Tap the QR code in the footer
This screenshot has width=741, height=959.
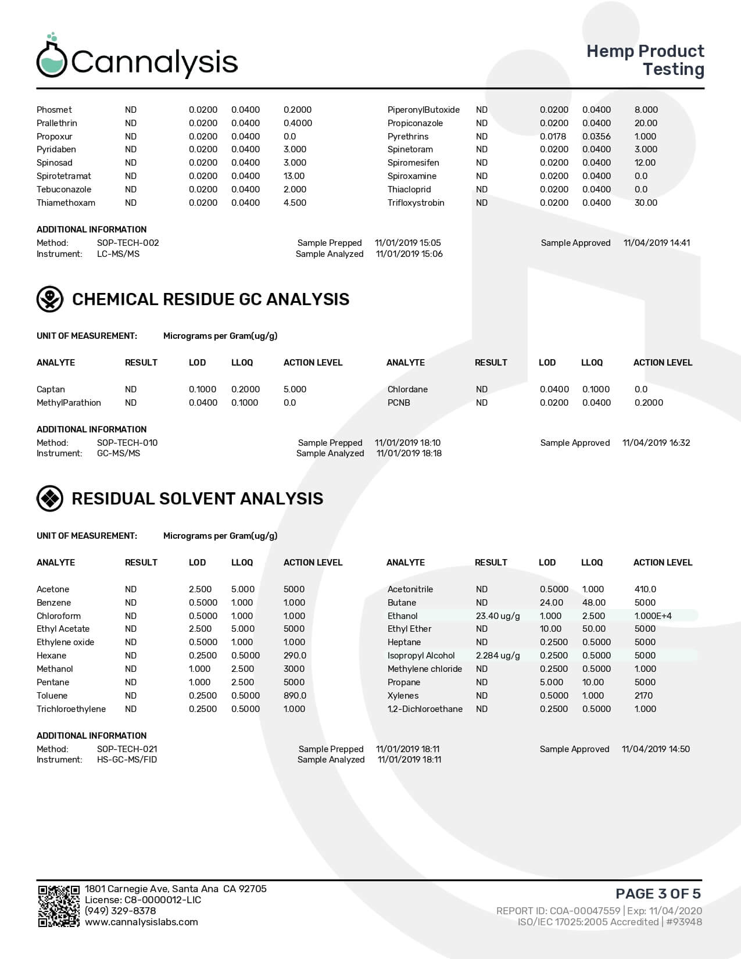click(x=59, y=906)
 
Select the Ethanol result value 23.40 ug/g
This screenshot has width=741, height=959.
click(x=497, y=616)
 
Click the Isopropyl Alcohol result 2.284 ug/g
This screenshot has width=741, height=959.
click(x=497, y=656)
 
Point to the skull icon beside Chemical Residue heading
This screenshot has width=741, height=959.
click(x=50, y=299)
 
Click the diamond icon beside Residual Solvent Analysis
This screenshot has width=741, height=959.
click(x=50, y=499)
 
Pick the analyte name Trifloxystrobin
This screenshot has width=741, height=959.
click(x=416, y=203)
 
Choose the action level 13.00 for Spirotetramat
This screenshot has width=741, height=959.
click(x=294, y=176)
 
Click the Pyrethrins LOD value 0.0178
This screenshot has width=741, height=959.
click(x=553, y=137)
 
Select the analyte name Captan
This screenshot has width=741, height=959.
click(x=51, y=389)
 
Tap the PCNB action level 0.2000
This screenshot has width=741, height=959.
click(x=649, y=403)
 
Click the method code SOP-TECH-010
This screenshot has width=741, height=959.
click(x=127, y=443)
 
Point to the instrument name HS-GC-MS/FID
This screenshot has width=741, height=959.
click(x=127, y=760)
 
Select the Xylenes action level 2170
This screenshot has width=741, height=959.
click(x=643, y=696)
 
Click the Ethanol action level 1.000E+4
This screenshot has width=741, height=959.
click(x=653, y=616)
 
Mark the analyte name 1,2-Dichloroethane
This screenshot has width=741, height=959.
click(x=425, y=709)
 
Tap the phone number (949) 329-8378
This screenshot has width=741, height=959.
click(x=120, y=911)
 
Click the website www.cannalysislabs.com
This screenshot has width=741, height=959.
click(x=141, y=922)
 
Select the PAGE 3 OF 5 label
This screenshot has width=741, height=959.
click(x=658, y=893)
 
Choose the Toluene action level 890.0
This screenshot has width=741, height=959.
click(x=295, y=696)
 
